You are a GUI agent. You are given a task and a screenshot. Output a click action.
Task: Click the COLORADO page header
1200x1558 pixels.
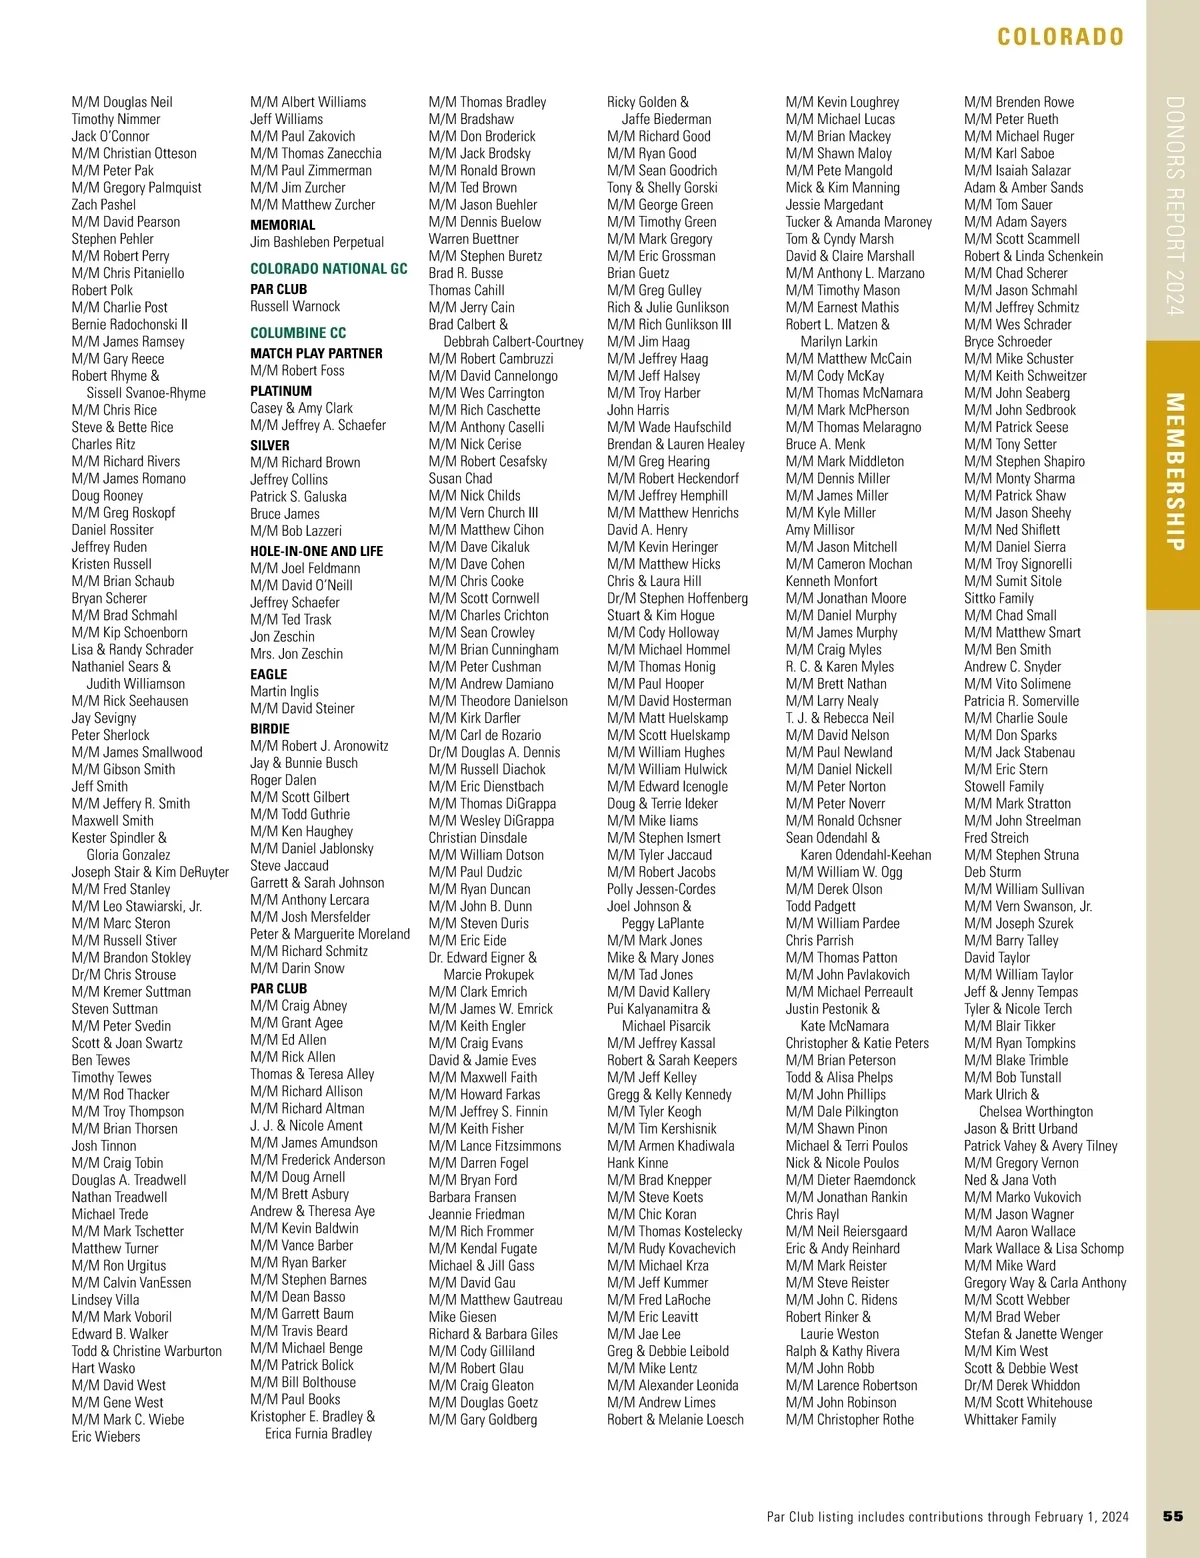1060,37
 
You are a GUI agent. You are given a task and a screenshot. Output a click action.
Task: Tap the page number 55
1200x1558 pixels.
1173,1516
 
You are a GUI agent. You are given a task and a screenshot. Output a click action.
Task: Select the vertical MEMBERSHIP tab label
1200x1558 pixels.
1175,472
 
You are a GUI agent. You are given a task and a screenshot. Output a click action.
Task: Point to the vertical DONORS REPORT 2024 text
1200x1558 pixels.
1175,206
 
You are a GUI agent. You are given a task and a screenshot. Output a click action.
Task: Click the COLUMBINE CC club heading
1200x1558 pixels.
298,333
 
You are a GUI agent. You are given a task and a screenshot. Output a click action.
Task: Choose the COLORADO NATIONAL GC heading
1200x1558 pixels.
329,269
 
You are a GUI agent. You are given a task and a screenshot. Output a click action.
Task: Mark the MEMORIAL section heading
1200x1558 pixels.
282,225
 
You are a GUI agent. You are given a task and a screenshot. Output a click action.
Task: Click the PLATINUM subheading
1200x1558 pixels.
281,391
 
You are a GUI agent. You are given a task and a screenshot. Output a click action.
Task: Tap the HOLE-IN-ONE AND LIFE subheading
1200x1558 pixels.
316,551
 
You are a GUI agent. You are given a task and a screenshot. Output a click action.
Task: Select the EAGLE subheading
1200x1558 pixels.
268,674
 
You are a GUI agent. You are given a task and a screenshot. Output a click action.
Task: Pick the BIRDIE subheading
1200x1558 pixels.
270,729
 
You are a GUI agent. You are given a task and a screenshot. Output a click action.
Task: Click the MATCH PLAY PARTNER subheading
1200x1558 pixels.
316,353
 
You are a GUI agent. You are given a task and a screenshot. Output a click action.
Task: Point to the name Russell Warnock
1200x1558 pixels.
295,306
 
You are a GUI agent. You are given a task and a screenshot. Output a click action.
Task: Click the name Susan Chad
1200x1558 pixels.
460,478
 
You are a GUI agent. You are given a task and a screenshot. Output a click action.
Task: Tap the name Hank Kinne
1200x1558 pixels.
637,1163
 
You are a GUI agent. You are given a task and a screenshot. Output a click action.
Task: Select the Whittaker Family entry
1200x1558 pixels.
1010,1419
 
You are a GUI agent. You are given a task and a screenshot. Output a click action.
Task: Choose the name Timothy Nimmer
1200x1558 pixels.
116,119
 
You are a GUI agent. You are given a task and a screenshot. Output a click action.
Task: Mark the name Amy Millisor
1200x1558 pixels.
820,530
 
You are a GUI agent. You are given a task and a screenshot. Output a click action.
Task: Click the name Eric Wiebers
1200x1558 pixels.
106,1436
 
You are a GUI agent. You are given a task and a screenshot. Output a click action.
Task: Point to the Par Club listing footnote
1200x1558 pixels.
947,1517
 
